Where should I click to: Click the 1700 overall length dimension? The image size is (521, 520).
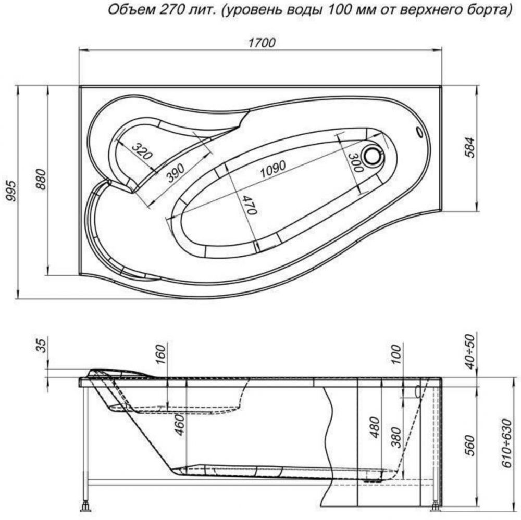tap(262, 43)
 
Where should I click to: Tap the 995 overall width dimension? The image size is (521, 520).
tap(11, 191)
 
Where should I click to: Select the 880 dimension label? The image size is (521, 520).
tap(42, 179)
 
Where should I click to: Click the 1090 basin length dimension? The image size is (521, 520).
tap(272, 169)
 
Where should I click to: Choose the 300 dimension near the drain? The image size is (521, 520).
tap(355, 162)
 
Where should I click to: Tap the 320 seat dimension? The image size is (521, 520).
tap(142, 151)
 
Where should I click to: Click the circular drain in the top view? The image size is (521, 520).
tap(374, 156)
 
